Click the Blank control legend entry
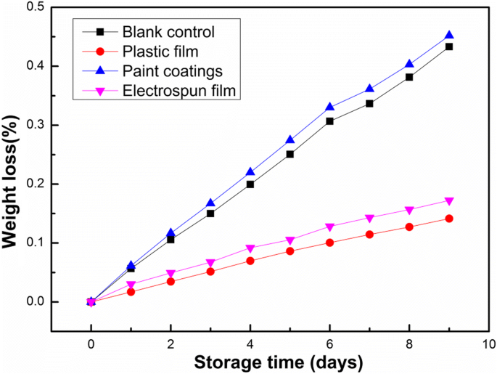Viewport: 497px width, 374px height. (x=168, y=32)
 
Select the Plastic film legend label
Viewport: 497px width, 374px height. (x=161, y=52)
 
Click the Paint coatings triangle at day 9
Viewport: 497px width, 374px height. (x=449, y=35)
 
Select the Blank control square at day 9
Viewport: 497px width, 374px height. (x=449, y=46)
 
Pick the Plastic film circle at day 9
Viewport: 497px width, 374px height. (x=449, y=219)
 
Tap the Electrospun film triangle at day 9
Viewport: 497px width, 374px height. (x=449, y=201)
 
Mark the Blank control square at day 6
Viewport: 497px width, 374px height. (x=329, y=121)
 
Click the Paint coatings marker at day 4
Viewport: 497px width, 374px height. (x=250, y=172)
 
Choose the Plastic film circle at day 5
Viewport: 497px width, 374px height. (x=289, y=251)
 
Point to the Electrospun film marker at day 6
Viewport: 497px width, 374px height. (x=329, y=227)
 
